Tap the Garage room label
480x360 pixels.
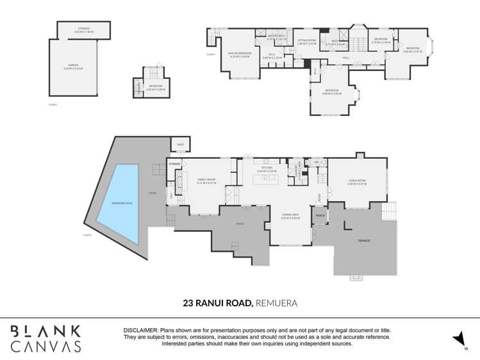76,66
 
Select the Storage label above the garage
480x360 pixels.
84,29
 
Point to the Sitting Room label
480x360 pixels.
307,42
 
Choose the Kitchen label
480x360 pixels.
267,170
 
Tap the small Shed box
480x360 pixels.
180,145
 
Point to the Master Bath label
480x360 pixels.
276,37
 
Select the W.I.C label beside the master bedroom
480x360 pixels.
273,56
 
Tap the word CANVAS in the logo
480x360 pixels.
46,346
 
